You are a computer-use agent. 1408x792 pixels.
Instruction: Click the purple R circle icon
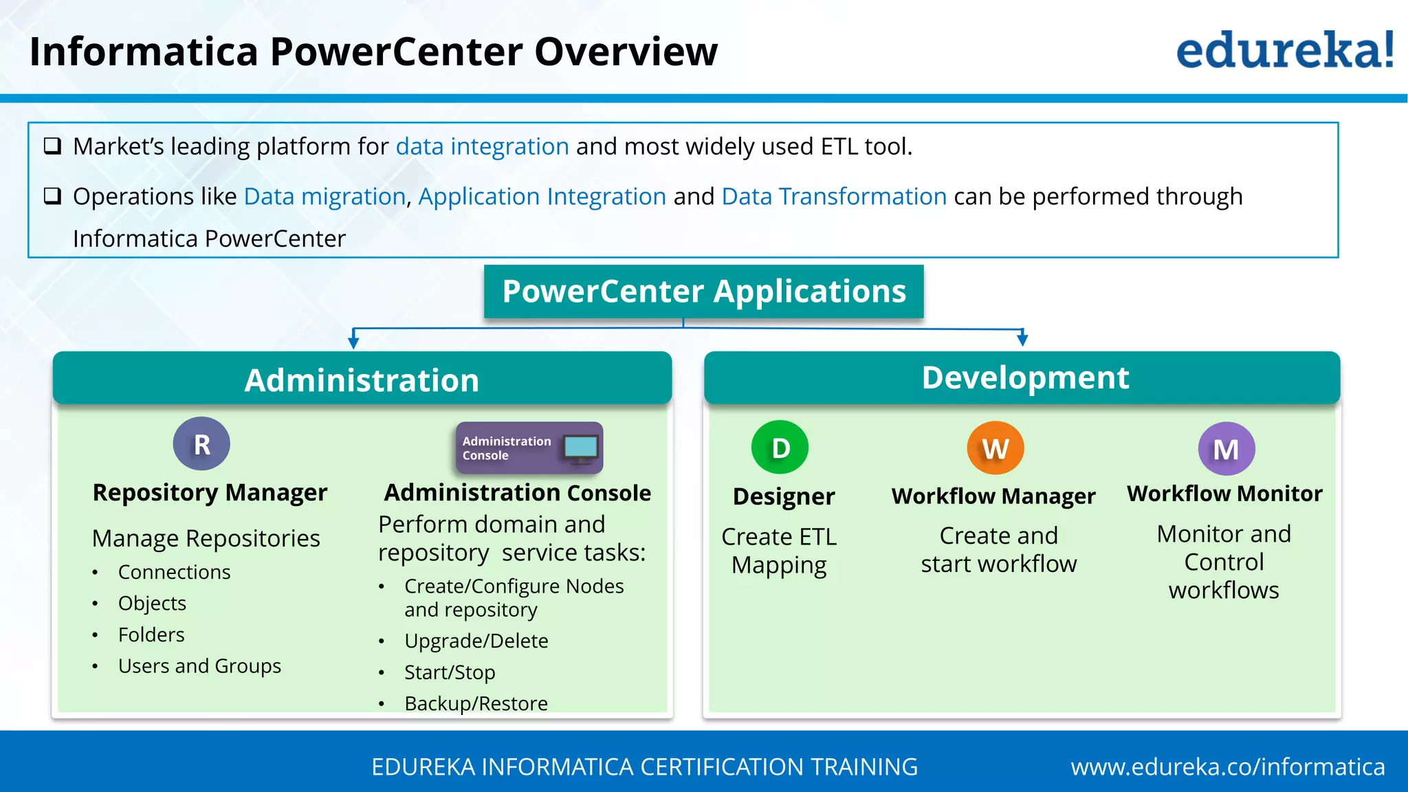[x=201, y=444]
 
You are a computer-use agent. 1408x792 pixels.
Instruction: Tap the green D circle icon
[x=780, y=448]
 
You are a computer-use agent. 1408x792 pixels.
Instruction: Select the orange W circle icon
[x=995, y=448]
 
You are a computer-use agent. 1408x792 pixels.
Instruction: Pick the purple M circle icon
[x=1226, y=449]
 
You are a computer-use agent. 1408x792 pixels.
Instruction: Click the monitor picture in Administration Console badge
[x=580, y=448]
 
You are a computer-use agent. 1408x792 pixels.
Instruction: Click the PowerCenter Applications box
[x=703, y=291]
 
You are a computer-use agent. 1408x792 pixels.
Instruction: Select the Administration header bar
[x=362, y=379]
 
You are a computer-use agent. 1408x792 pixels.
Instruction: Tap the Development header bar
[x=1022, y=377]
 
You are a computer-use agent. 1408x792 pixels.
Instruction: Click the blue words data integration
[x=482, y=146]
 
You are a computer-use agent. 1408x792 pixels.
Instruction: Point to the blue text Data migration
[x=324, y=197]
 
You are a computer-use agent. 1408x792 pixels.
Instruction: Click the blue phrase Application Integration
[x=542, y=197]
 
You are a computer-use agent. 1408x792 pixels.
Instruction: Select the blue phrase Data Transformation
[x=834, y=197]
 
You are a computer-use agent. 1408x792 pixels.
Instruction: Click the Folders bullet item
[x=151, y=635]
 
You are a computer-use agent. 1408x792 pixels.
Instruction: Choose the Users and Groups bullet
[x=199, y=666]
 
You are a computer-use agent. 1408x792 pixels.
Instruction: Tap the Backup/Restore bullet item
[x=476, y=703]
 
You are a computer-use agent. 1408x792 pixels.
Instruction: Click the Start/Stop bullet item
[x=450, y=672]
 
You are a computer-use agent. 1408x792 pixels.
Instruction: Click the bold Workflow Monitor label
[x=1224, y=494]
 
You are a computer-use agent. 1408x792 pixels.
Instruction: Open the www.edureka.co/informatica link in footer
[x=1227, y=767]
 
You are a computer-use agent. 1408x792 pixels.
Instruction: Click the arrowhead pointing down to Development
[x=1022, y=339]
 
